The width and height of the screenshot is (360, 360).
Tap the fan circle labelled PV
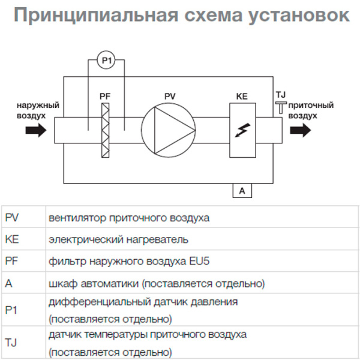[x=169, y=130]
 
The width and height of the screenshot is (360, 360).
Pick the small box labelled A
[x=242, y=191]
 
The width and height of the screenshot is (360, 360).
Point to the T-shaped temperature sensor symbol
[x=280, y=108]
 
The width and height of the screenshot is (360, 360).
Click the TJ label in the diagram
[x=280, y=95]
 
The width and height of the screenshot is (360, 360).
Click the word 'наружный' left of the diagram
[x=38, y=106]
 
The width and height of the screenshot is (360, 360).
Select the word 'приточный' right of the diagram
[x=310, y=105]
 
